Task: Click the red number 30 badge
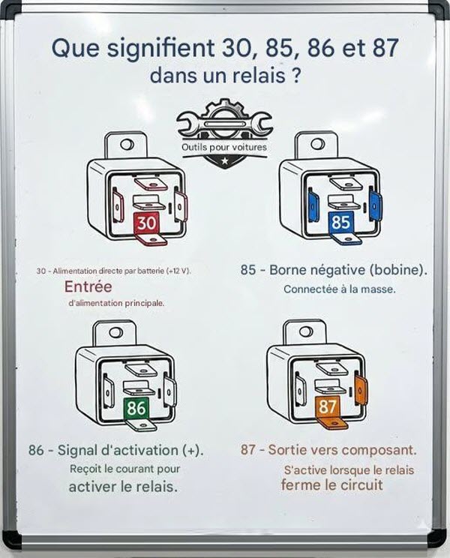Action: point(146,223)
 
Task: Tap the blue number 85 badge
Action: point(340,222)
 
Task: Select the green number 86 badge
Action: point(136,408)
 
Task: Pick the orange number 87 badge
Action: point(327,406)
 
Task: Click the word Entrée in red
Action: point(88,286)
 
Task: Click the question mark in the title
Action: point(295,76)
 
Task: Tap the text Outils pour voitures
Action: point(224,147)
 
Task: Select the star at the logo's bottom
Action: point(224,160)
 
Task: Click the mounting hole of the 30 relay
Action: point(127,145)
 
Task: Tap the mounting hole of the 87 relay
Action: point(306,331)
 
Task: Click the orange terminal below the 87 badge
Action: point(333,423)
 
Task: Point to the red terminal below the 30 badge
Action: point(152,239)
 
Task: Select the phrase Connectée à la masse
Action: point(340,289)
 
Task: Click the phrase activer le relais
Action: point(123,487)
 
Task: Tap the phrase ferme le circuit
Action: point(332,484)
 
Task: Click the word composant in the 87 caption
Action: point(377,450)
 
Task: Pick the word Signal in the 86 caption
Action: point(77,451)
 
